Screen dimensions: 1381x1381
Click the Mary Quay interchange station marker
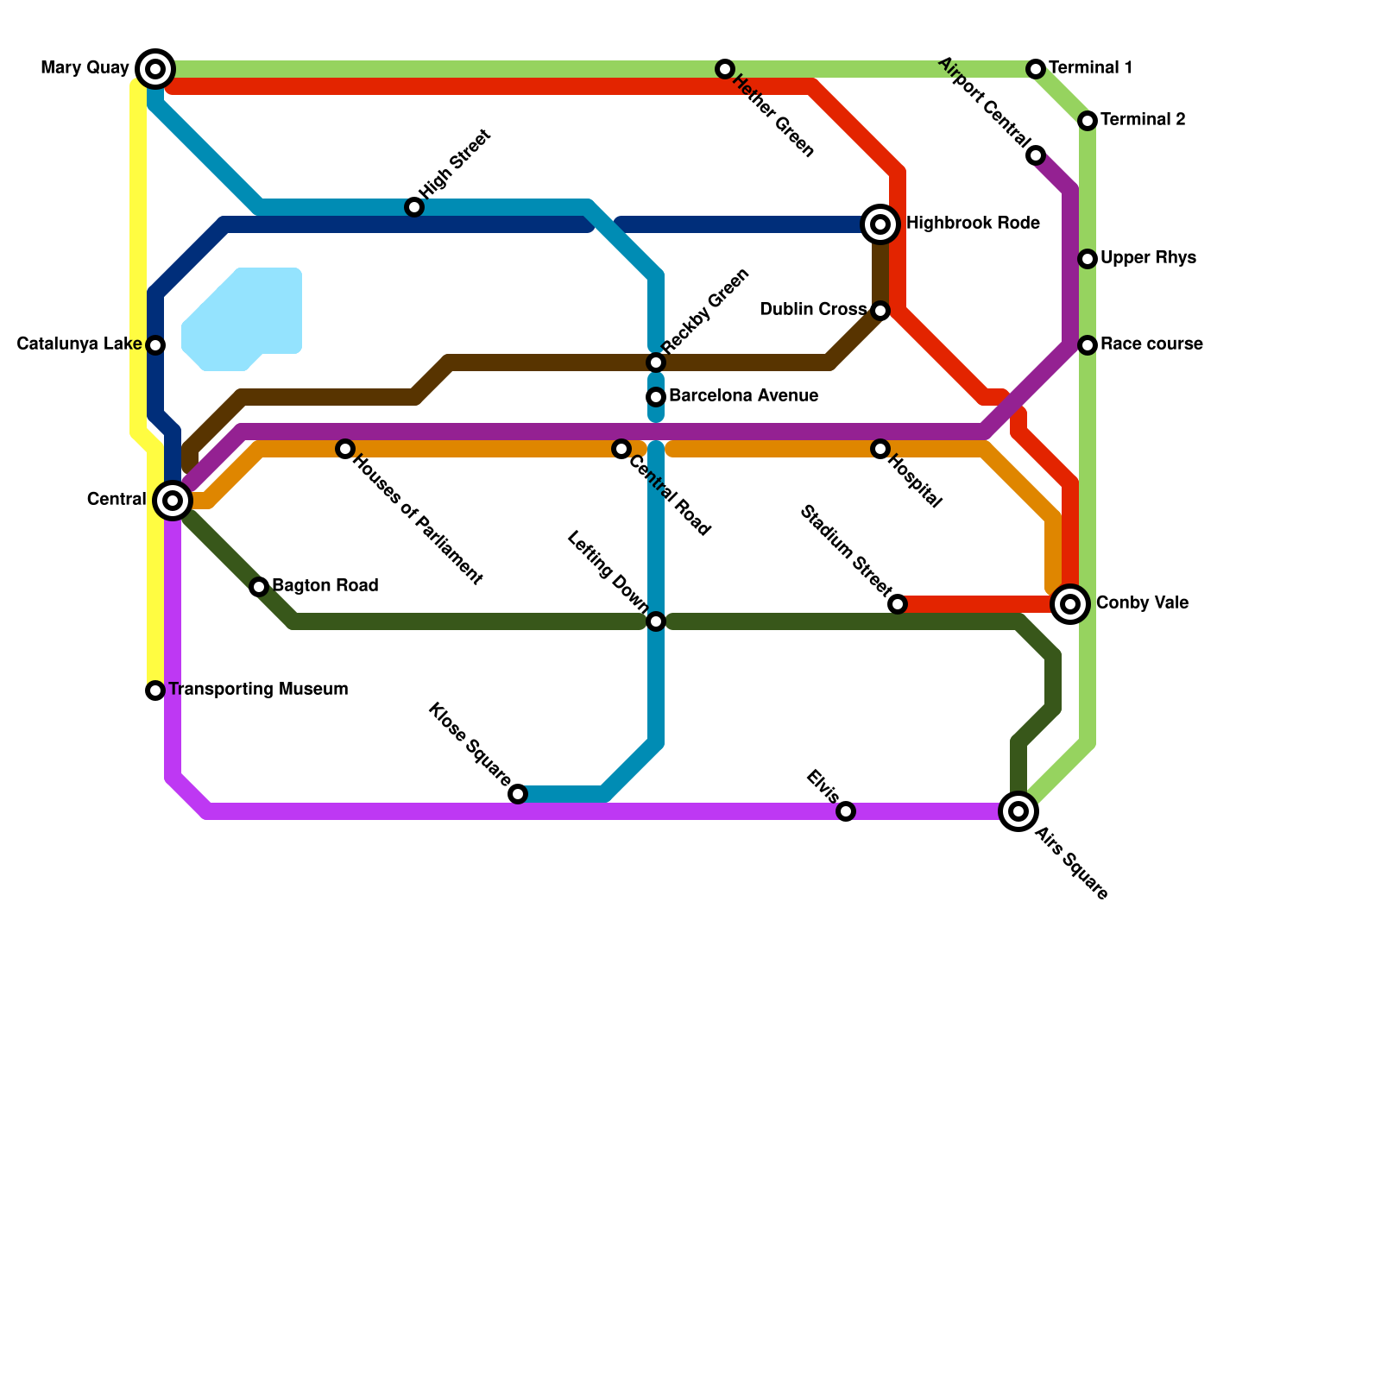coord(155,69)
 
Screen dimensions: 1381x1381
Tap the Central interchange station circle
coord(173,501)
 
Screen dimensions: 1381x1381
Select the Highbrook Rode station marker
coord(880,224)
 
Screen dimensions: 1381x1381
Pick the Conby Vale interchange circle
coord(1070,604)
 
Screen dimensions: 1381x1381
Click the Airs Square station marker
coord(1018,811)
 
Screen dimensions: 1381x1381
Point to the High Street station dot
coord(414,207)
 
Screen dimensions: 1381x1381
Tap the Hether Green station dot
coord(725,69)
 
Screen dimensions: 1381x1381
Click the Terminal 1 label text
coord(1090,68)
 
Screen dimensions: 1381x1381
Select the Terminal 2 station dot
coord(1088,121)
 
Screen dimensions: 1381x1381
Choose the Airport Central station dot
coord(1036,155)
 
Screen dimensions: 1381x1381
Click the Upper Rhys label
coord(1148,258)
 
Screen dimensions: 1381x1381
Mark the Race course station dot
coord(1088,345)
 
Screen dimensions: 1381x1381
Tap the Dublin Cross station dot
coord(880,311)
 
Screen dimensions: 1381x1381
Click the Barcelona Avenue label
coord(743,396)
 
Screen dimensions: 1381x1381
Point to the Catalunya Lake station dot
coord(155,345)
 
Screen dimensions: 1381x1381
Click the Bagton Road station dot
coord(259,587)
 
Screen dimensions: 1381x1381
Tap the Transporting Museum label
coord(258,690)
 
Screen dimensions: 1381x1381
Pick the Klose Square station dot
coord(518,794)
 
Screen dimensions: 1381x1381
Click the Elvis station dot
coord(846,811)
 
